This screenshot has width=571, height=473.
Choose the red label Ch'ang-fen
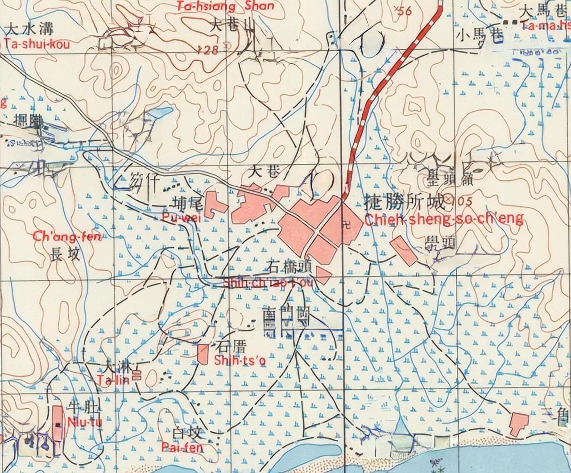67,236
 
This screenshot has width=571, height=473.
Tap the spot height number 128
208,50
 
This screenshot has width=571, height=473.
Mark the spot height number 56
404,11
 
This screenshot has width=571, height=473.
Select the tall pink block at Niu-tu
58,423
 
